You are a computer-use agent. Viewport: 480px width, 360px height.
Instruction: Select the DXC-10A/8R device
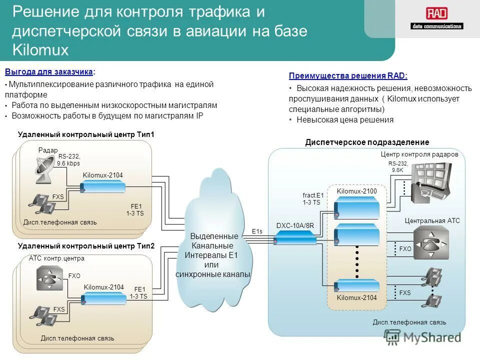point(295,240)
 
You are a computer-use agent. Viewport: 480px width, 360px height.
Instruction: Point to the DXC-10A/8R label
point(295,225)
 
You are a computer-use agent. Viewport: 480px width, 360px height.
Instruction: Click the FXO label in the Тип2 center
point(74,275)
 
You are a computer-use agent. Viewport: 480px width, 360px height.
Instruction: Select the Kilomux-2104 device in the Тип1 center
point(102,187)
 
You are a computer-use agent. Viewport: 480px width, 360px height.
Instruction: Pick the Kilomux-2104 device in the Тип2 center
point(104,299)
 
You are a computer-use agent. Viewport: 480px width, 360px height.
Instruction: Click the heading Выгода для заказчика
point(48,72)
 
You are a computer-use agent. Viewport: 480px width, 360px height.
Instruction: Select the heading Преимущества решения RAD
point(348,76)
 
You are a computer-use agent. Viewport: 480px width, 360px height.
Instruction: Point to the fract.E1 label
point(313,195)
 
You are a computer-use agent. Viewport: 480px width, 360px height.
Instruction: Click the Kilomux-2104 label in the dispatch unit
point(356,298)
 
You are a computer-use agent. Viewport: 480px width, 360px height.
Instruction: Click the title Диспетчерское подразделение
point(367,142)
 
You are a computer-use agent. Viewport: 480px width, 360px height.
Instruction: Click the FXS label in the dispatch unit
point(405,292)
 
